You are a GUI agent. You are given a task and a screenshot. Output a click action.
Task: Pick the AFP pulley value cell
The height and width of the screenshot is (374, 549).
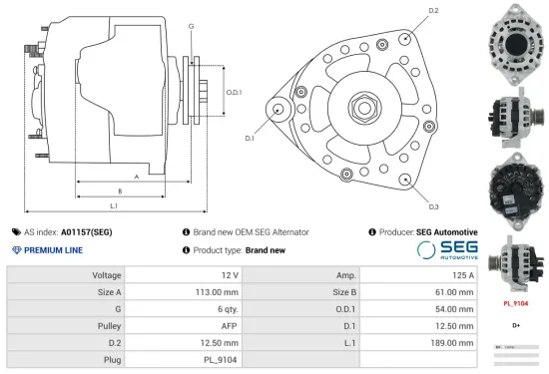(230, 325)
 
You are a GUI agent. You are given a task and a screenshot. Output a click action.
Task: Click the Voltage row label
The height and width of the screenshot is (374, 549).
(107, 274)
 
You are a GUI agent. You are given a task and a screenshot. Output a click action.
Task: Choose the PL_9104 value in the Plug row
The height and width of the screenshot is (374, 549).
(223, 359)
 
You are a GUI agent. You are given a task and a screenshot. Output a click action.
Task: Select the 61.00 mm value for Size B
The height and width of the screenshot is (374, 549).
(455, 292)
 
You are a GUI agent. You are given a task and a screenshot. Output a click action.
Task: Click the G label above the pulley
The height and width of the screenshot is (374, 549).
(191, 25)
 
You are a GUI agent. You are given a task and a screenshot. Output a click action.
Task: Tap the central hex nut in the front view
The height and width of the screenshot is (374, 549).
(361, 105)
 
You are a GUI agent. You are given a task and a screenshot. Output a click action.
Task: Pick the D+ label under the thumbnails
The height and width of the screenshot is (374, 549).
(516, 325)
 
